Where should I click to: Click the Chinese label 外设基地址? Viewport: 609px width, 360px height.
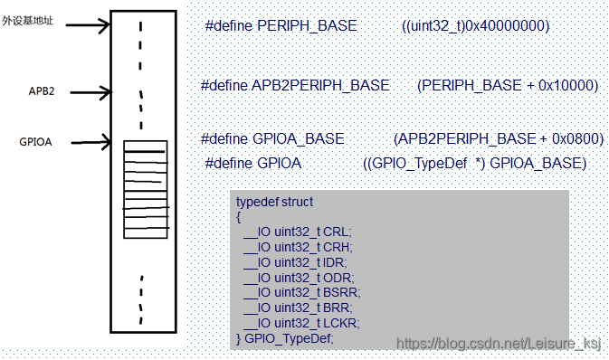27,20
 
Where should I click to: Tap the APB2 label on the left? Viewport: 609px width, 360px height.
41,91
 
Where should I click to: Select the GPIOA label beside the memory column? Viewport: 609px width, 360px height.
35,142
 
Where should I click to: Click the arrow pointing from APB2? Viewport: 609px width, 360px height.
90,92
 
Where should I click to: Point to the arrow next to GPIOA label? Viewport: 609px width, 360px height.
90,143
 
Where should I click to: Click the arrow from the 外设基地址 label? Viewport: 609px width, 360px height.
88,25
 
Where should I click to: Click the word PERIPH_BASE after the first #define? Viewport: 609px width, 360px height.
307,26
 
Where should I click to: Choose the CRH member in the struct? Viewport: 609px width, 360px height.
337,247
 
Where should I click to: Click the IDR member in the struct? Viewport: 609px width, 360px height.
334,263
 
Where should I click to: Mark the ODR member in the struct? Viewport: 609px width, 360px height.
338,278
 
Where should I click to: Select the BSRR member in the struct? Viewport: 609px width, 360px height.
340,292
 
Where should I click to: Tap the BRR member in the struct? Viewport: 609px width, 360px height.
337,308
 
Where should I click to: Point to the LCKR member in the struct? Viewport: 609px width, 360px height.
340,323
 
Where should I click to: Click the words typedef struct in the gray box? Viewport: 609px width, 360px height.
274,202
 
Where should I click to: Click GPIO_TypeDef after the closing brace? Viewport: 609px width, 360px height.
288,338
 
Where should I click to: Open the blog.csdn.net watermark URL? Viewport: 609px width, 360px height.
499,344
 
